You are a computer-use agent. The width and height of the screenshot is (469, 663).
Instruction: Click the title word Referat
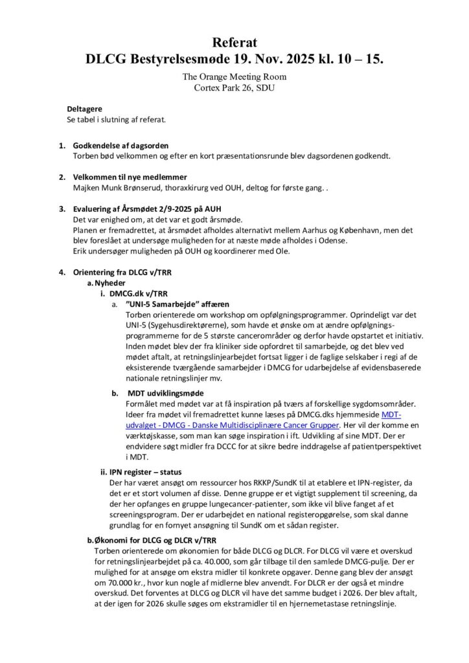[234, 43]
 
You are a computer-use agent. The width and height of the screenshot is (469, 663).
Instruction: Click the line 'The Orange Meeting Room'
[234, 76]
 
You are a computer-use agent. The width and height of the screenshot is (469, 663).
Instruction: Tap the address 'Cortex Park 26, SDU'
[234, 87]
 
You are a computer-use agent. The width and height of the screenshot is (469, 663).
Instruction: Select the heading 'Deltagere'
[84, 109]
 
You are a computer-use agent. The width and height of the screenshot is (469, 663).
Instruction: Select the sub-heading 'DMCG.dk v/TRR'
[135, 293]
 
